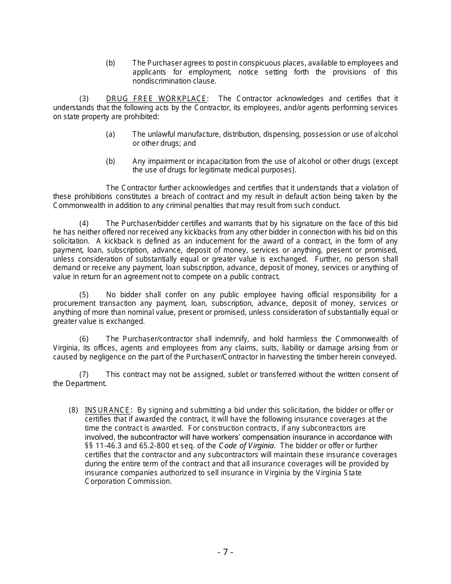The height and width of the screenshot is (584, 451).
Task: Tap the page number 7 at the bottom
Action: click(225, 552)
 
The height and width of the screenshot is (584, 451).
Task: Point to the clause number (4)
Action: click(84, 224)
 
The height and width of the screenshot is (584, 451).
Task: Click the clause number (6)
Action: click(84, 339)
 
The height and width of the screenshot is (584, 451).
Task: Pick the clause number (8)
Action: click(73, 410)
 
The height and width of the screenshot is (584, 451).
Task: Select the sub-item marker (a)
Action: click(110, 134)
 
